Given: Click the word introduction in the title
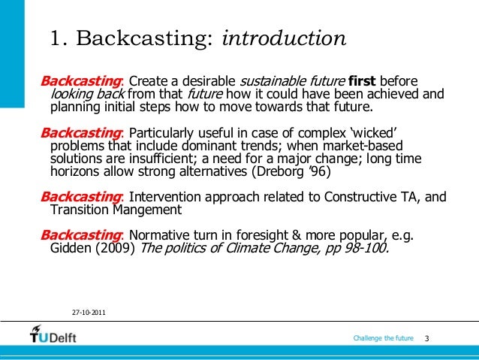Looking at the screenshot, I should click(x=285, y=38).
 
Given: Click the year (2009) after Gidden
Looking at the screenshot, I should click(x=109, y=250).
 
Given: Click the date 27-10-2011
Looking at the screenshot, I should click(x=88, y=311).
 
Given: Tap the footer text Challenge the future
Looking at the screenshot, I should click(x=383, y=339).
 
